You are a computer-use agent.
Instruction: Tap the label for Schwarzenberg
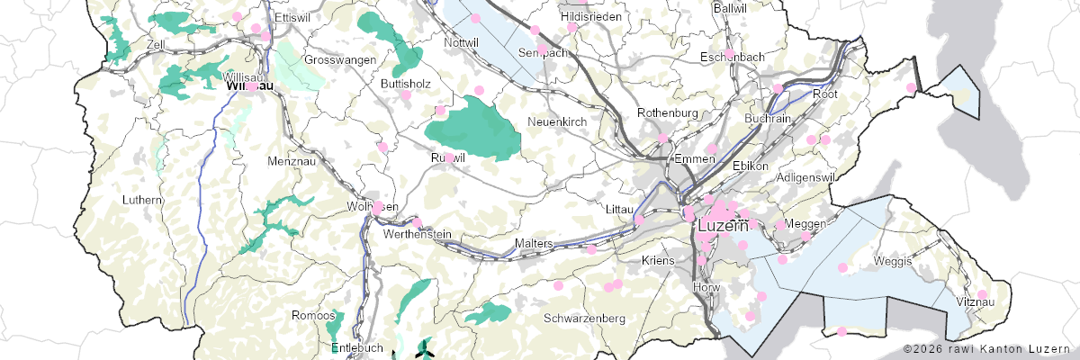585,319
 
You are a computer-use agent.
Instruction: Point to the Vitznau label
975,302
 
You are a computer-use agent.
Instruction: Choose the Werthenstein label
417,234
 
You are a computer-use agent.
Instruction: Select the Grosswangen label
339,59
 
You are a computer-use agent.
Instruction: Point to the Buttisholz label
406,83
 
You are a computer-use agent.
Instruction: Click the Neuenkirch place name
557,121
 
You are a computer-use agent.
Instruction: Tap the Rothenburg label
668,112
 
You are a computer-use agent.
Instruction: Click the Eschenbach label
733,57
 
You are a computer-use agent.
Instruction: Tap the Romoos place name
313,315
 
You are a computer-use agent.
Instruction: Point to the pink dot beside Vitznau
983,294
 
